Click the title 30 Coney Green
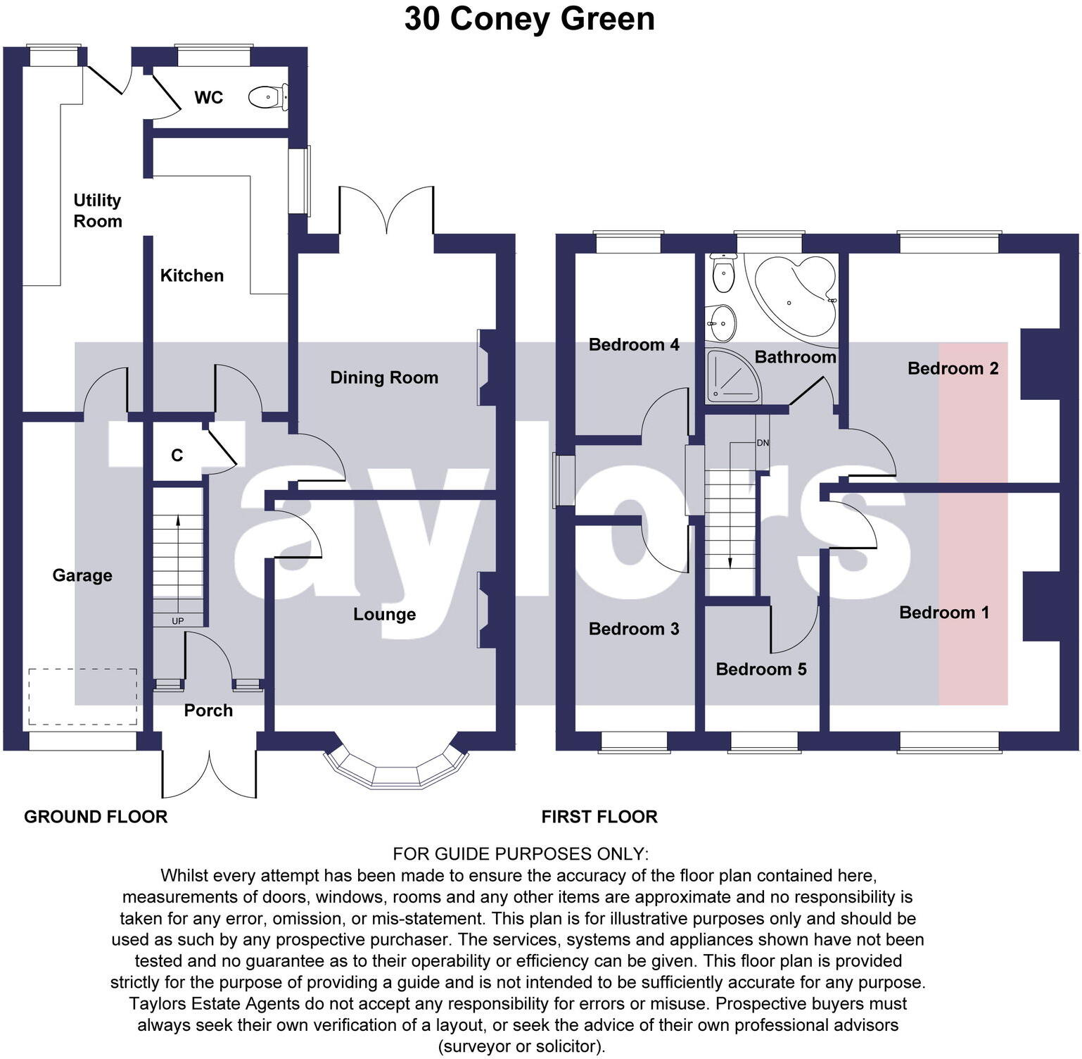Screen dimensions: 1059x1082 pos(529,19)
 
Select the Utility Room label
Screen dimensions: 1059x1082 pos(98,211)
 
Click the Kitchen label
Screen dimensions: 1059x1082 pos(191,275)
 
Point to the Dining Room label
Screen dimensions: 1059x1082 pos(384,377)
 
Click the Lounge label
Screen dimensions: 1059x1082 pos(384,614)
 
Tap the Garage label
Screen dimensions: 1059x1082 pos(82,575)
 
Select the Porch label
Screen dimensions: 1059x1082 pos(208,710)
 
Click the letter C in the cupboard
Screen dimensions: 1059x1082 pos(177,456)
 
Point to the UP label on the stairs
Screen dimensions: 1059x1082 pos(178,621)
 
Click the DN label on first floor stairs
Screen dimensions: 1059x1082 pos(763,443)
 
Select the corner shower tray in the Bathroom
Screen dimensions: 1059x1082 pos(732,377)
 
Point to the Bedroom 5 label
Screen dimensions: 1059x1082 pos(760,669)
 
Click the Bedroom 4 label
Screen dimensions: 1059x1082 pos(633,344)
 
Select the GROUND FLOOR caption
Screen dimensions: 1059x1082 pos(96,817)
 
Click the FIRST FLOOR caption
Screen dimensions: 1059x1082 pos(599,817)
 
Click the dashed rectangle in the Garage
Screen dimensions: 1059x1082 pos(83,696)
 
